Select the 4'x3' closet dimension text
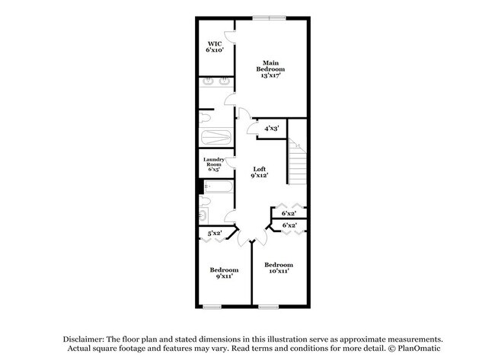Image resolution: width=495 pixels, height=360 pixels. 271,129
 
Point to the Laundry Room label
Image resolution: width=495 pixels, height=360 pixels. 213,164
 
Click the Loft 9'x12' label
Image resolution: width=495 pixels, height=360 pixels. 259,172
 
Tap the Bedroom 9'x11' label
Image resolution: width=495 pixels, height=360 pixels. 224,273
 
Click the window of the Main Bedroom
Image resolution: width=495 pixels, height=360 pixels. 270,18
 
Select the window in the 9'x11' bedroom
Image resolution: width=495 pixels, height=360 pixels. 212,307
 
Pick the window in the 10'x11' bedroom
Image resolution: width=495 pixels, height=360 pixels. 268,307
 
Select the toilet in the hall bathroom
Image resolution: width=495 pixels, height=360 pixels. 204,203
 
